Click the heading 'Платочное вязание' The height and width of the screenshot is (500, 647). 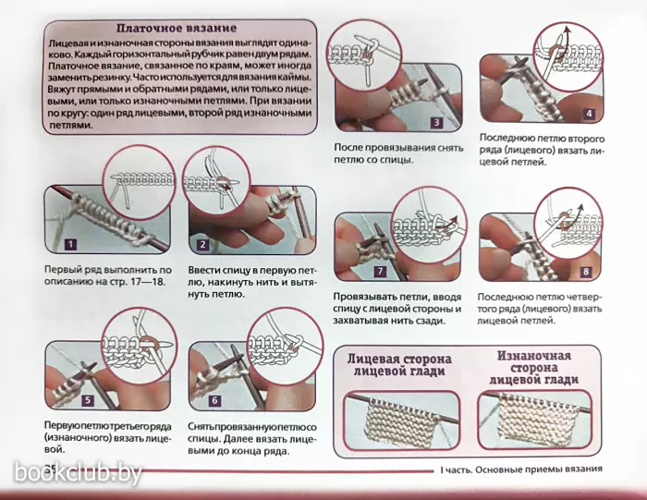177,28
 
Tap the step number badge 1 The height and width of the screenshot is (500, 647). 70,245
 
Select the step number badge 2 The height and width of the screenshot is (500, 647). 202,245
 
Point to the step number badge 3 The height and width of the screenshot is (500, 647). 436,122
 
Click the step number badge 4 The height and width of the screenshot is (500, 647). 590,114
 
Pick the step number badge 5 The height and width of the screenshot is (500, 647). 88,400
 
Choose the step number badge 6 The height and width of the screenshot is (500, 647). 214,400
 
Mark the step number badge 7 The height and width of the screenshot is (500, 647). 380,271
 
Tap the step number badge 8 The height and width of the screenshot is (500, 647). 585,271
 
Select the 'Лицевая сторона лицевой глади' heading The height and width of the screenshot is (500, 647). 399,365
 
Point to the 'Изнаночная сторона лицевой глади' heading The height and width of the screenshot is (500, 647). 534,367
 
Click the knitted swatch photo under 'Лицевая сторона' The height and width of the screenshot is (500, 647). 401,421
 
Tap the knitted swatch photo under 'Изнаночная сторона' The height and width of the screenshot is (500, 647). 535,420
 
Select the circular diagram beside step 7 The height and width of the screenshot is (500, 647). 429,225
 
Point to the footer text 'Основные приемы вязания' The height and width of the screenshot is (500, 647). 539,470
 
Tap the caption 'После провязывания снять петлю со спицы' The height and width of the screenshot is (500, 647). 398,153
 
